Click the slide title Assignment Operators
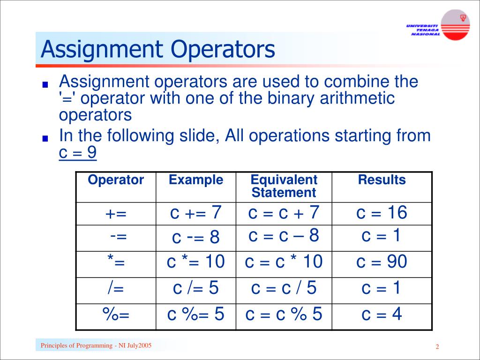coord(157,50)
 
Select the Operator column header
coord(116,180)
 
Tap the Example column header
coord(196,180)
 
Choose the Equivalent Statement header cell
coord(284,186)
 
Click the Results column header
coord(382,180)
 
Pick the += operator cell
coord(116,214)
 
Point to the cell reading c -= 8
coord(196,238)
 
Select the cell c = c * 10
coord(284,262)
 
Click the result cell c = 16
coord(382,213)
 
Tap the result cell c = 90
coord(382,262)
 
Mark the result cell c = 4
coord(382,314)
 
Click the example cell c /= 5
coord(196,288)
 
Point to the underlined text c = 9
coord(78,153)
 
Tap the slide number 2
coord(437,347)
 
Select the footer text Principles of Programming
coord(96,346)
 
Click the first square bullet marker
coord(45,85)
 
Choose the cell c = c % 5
coord(284,314)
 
